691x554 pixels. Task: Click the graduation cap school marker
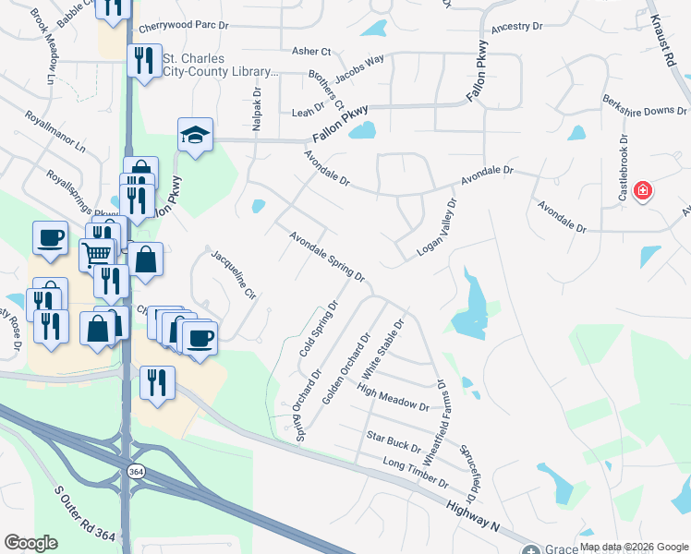coord(195,135)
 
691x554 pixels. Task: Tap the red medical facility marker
coord(643,192)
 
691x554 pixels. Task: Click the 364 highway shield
coord(137,472)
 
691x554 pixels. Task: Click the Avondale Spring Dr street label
coord(327,257)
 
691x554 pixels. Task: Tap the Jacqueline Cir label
coord(233,275)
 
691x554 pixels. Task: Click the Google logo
coord(31,543)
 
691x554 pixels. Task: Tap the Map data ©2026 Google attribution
coord(633,547)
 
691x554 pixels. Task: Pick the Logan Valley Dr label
coord(438,227)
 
